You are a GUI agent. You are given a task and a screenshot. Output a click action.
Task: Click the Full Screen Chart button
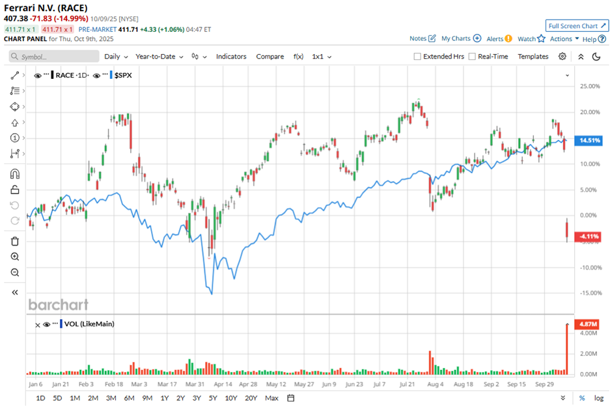point(577,26)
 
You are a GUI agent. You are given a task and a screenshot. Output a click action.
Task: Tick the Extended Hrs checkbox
point(417,57)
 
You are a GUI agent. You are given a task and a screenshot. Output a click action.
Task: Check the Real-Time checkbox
point(472,57)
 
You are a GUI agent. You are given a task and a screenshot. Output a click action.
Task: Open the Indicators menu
point(231,57)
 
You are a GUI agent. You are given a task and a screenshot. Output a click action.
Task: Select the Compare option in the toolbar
point(270,57)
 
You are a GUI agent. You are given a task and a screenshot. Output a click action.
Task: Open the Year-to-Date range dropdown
point(159,57)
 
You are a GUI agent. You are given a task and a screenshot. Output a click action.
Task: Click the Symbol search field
point(55,57)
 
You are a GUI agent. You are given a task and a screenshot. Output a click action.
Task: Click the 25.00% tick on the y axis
point(590,86)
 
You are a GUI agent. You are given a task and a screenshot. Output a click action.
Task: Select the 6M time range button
point(129,398)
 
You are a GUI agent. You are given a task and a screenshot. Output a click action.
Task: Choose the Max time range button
point(271,398)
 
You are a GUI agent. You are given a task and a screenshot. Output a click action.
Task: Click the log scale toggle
point(599,398)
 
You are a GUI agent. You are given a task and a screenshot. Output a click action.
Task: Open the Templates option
point(533,57)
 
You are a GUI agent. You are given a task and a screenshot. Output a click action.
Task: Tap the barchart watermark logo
point(58,304)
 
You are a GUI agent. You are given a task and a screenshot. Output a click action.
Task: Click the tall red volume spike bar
point(567,348)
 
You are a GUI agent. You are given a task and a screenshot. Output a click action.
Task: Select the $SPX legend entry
point(122,76)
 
